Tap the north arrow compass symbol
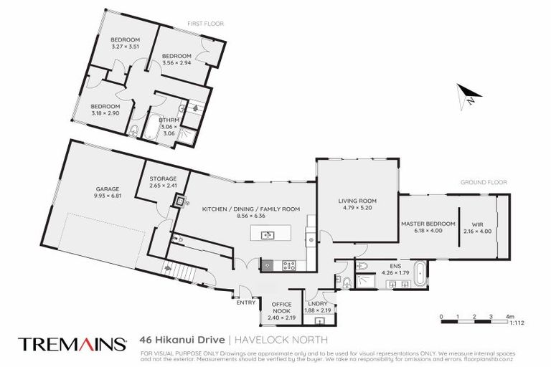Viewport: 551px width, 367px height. tap(467, 95)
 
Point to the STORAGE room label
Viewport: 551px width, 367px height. tap(162, 178)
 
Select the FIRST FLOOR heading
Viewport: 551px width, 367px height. tap(205, 24)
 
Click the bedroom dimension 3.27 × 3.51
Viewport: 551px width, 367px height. tap(124, 47)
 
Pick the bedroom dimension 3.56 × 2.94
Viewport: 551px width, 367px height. tap(176, 62)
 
